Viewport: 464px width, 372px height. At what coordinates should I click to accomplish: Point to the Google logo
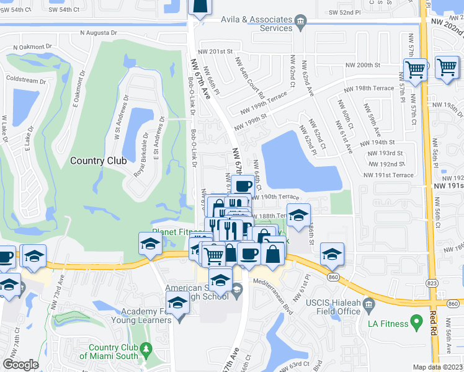coord(20,365)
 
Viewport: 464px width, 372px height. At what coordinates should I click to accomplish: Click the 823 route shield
coord(432,283)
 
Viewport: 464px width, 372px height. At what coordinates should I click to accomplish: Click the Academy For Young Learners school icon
coord(178,304)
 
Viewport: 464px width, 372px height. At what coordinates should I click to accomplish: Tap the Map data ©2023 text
coord(437,367)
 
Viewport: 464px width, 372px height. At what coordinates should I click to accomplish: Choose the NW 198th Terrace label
coord(370,88)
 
